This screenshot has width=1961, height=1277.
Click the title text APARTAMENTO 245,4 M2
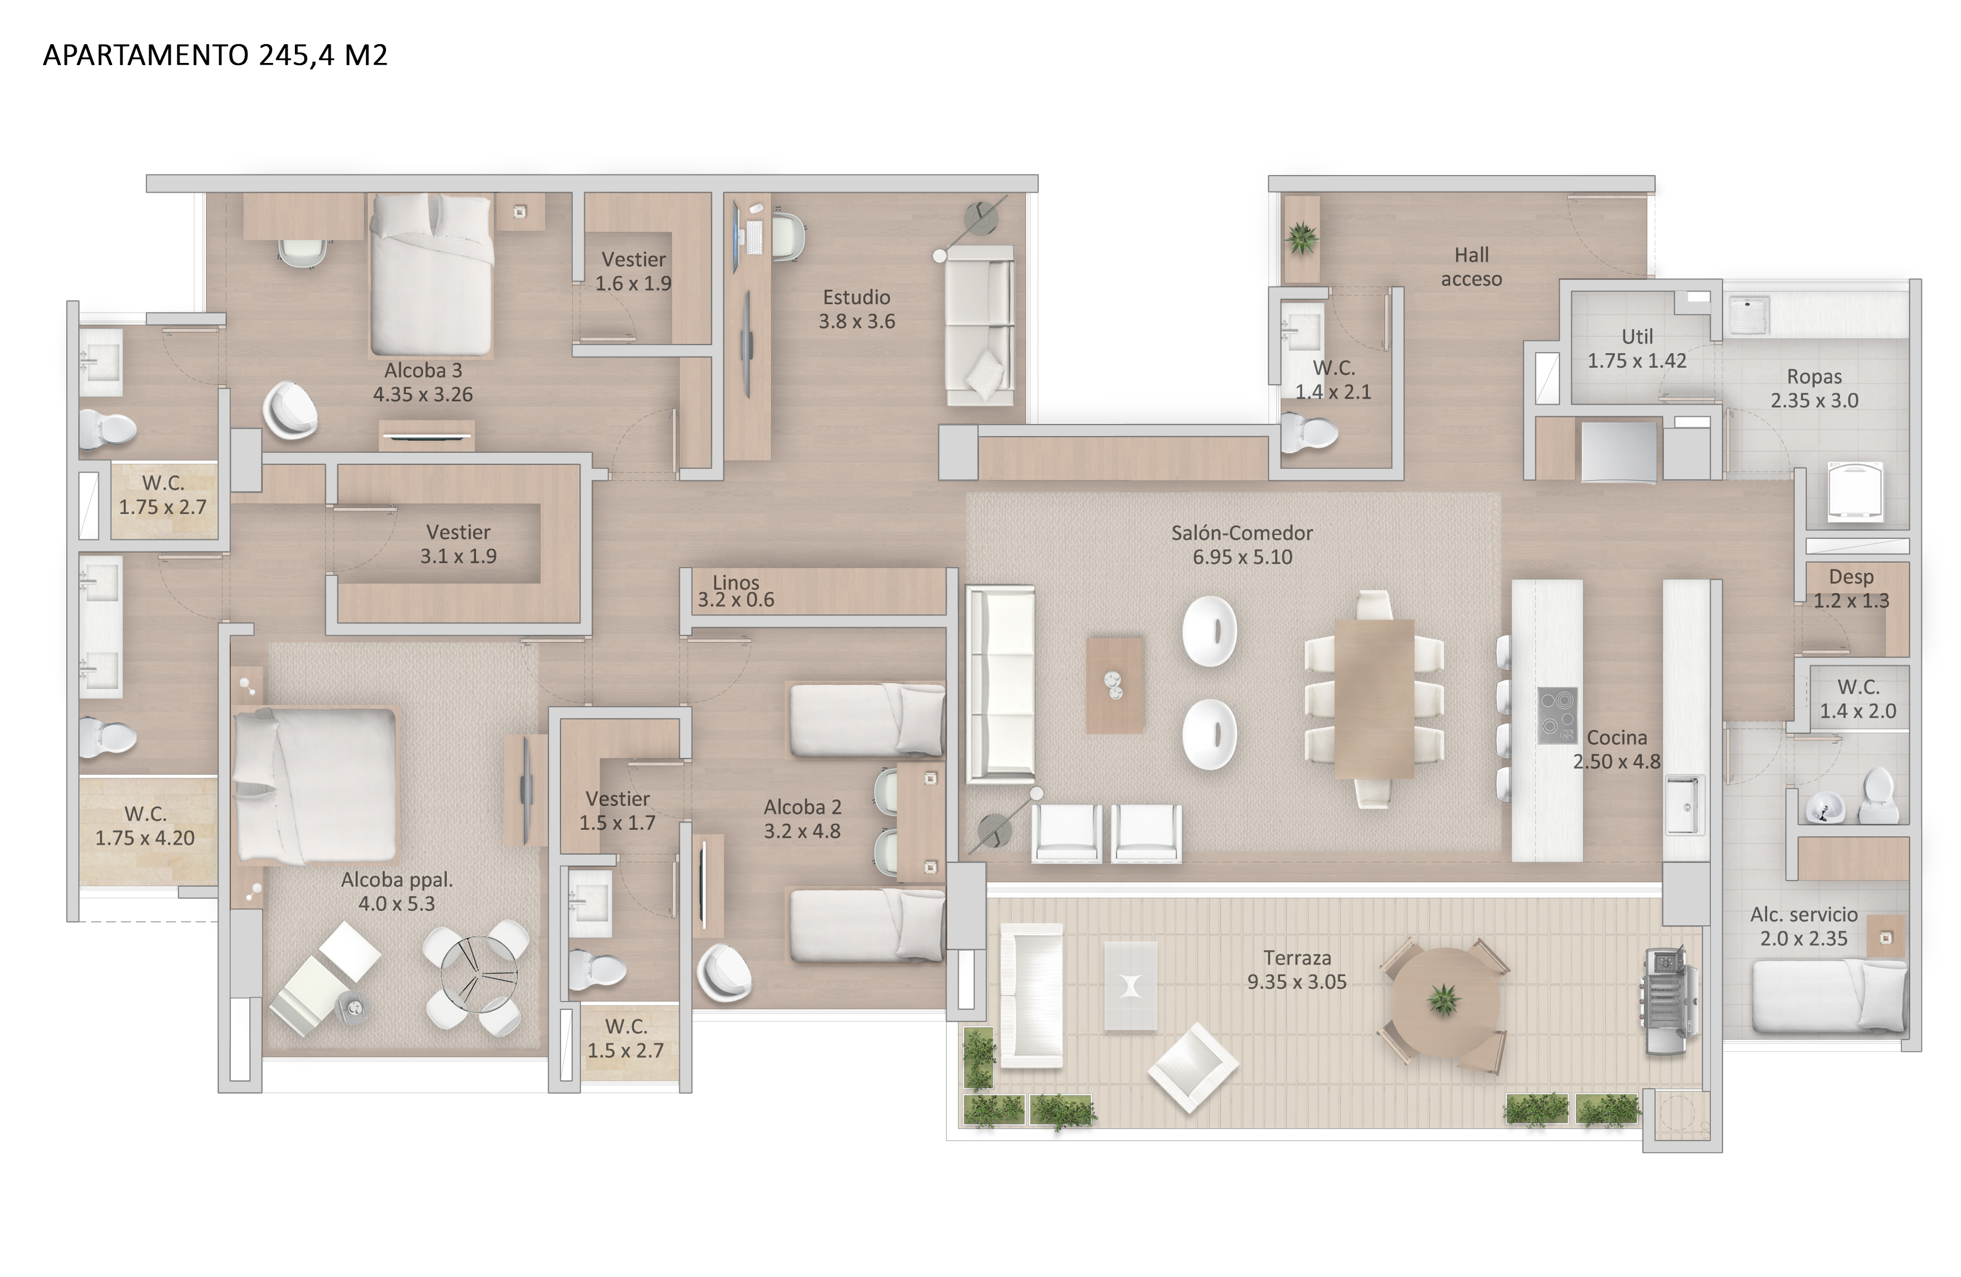tap(215, 55)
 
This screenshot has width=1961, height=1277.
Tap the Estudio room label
tap(856, 298)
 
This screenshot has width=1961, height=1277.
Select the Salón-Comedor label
tap(1241, 533)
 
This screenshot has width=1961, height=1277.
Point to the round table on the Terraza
tap(1444, 1001)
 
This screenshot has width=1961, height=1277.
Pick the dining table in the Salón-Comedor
tap(1373, 698)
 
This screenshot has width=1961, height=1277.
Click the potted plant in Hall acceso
tap(1302, 239)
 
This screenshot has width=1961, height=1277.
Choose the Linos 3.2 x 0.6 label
tap(736, 591)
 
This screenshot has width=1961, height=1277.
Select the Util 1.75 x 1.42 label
tap(1637, 348)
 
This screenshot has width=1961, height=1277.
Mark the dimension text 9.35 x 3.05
tap(1296, 982)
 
